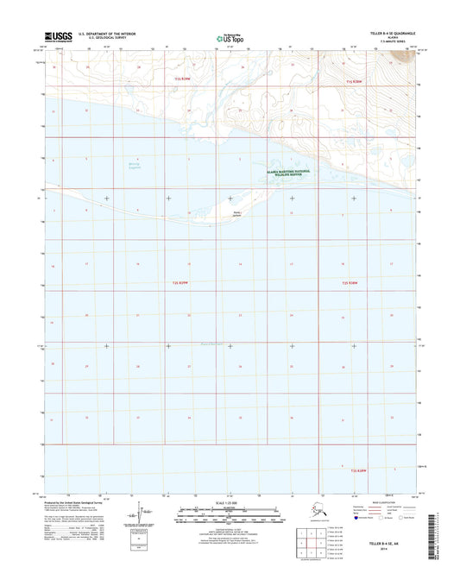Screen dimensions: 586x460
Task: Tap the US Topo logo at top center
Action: pos(230,37)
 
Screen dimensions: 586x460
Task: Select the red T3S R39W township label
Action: pos(180,282)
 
